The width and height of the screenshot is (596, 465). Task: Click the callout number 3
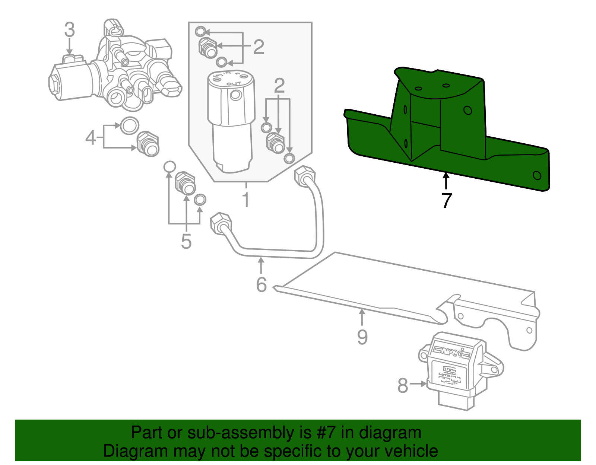(70, 30)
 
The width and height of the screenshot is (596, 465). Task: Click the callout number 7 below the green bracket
(446, 201)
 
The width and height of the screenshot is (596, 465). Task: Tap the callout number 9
(362, 337)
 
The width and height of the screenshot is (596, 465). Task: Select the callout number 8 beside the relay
(403, 385)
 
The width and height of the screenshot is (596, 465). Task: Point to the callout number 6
(261, 285)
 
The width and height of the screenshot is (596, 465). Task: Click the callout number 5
(186, 241)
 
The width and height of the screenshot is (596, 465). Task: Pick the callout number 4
(91, 138)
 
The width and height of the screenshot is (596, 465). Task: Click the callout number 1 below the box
(245, 200)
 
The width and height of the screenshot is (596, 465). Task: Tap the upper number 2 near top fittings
(259, 47)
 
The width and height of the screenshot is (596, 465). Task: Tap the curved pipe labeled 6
(276, 253)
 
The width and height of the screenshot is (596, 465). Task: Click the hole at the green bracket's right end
(537, 175)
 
